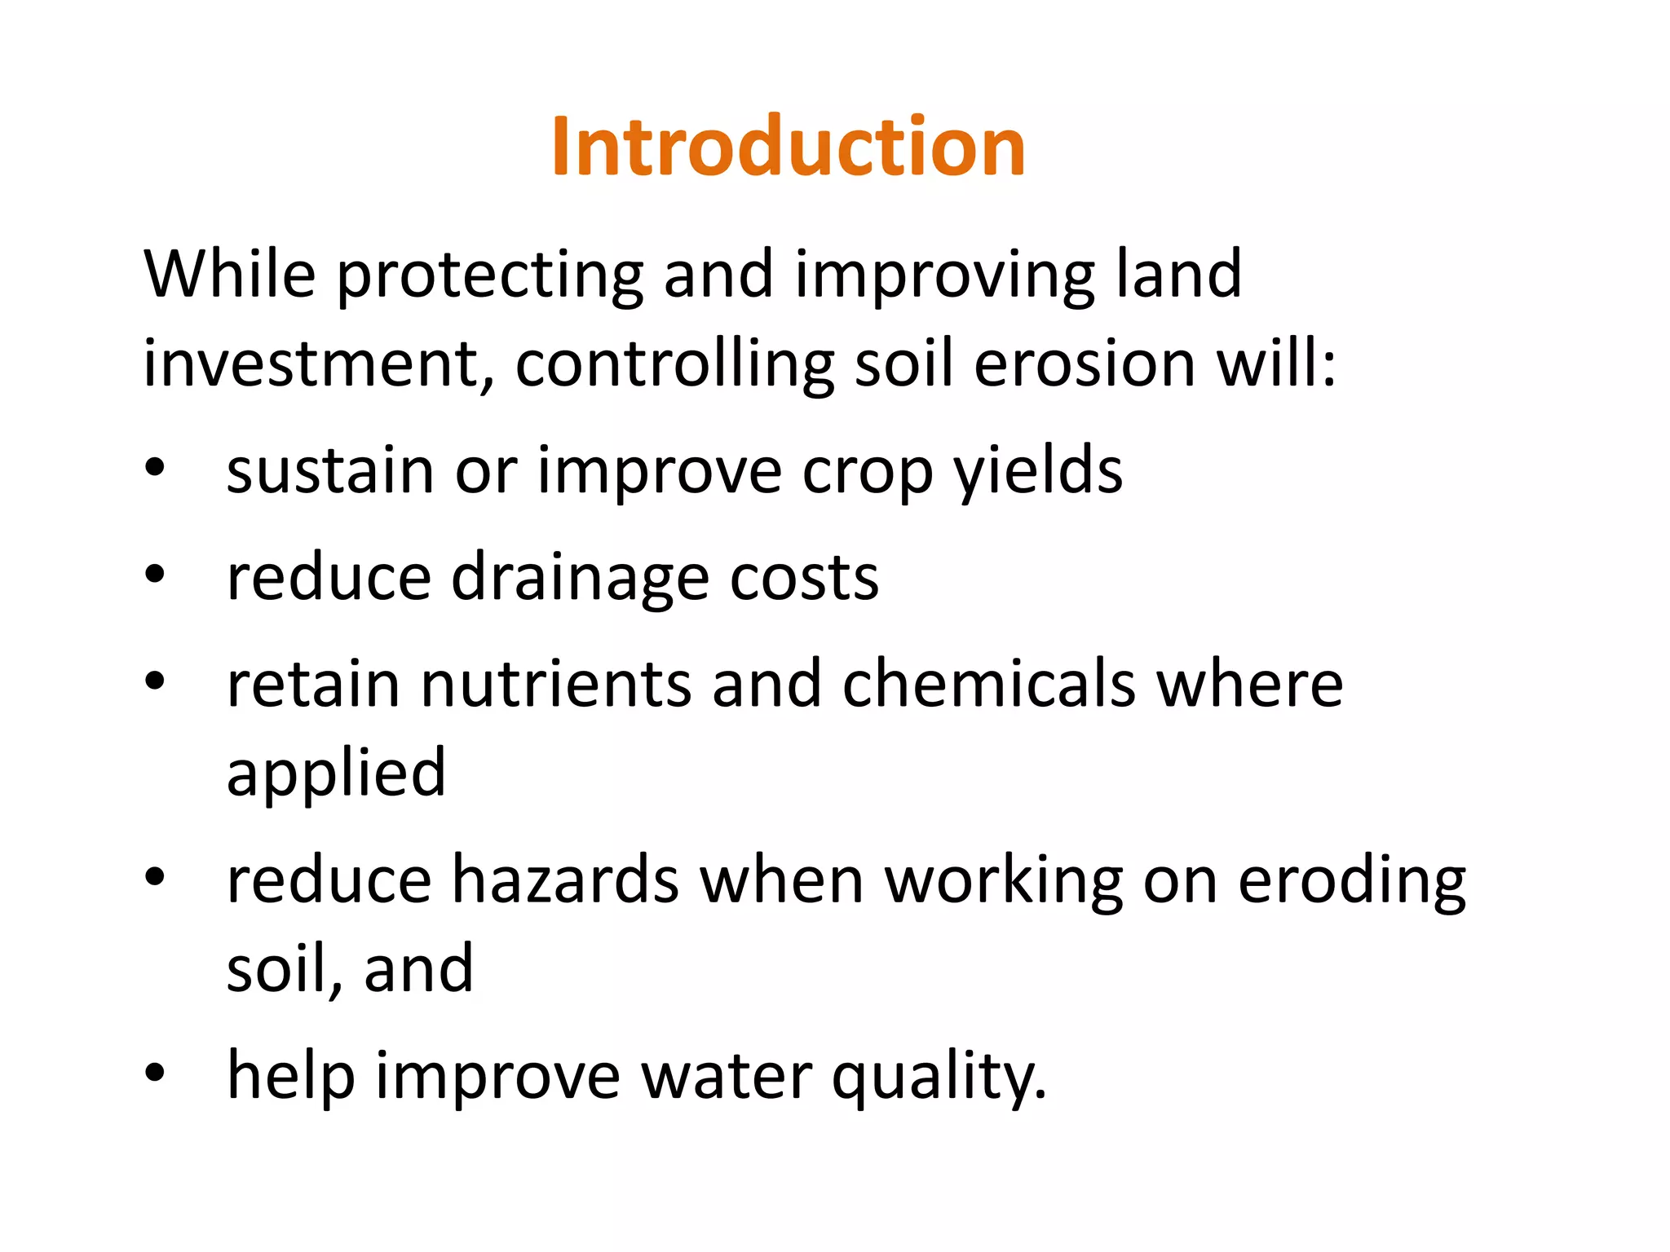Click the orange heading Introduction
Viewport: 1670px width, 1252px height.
pos(788,147)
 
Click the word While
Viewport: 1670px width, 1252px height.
pos(229,274)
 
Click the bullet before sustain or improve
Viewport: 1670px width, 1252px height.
pos(155,469)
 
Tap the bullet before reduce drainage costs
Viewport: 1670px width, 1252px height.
pos(155,575)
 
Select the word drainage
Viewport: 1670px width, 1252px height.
pos(580,579)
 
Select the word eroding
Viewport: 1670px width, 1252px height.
pos(1351,882)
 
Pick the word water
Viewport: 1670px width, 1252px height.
pos(726,1076)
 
